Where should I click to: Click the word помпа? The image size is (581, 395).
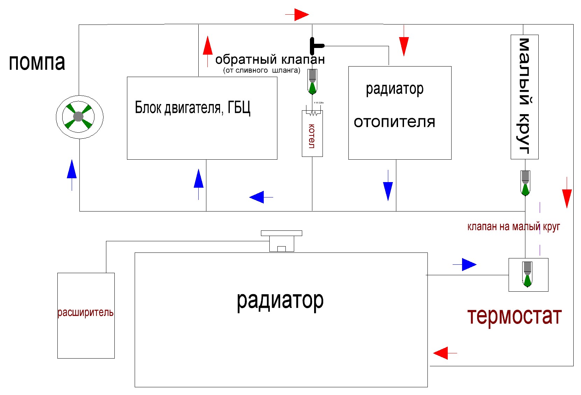click(x=37, y=62)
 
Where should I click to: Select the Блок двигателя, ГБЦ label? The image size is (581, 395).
click(x=192, y=108)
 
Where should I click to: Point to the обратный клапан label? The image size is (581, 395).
click(x=270, y=60)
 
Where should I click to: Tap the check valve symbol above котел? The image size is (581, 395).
click(x=312, y=81)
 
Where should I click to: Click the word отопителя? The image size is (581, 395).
click(x=394, y=122)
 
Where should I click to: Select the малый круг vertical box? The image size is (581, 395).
click(x=524, y=97)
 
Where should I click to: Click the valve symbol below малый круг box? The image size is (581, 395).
click(x=525, y=183)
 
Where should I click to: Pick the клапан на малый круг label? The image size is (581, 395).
click(x=513, y=227)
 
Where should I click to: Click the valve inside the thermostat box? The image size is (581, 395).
click(x=527, y=274)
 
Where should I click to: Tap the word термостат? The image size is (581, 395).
click(x=514, y=316)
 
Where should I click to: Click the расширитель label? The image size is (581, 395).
click(x=86, y=312)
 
